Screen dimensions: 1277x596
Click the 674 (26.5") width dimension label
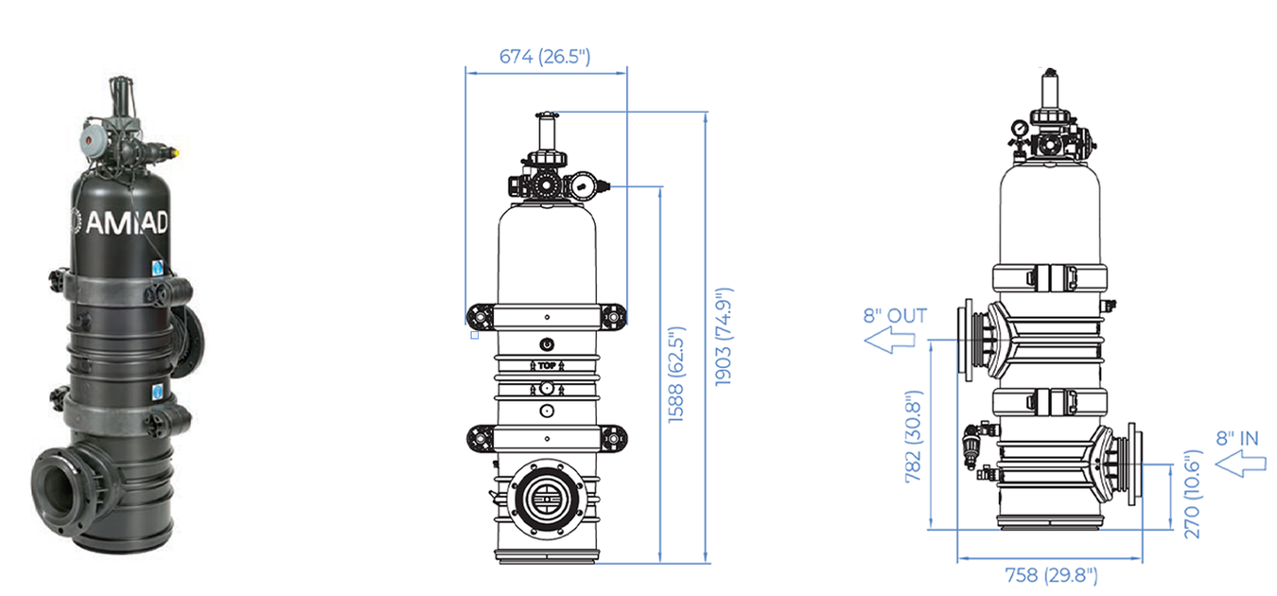pyautogui.click(x=545, y=57)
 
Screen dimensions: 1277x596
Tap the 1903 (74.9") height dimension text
pyautogui.click(x=724, y=337)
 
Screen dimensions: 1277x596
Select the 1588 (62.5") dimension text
pyautogui.click(x=675, y=375)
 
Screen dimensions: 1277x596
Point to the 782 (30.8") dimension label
pyautogui.click(x=913, y=436)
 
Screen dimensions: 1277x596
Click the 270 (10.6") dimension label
pyautogui.click(x=1192, y=494)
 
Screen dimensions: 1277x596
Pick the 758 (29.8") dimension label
pyautogui.click(x=1051, y=575)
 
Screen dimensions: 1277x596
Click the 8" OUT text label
pyautogui.click(x=895, y=315)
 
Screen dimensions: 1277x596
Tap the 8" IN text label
pyautogui.click(x=1237, y=438)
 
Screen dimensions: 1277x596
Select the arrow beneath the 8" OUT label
pyautogui.click(x=890, y=340)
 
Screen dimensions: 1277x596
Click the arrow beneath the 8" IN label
pyautogui.click(x=1240, y=464)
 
